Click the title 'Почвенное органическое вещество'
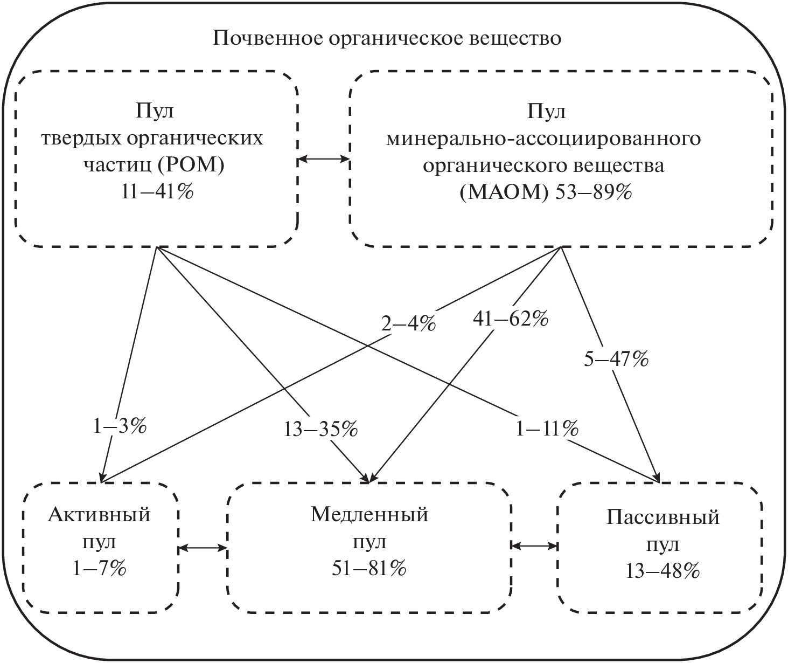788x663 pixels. [x=387, y=39]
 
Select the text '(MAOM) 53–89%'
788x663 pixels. [x=545, y=192]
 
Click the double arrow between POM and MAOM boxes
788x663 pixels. [x=324, y=159]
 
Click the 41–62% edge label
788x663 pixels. [x=510, y=319]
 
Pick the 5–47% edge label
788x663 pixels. [x=616, y=360]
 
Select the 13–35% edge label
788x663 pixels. [x=320, y=430]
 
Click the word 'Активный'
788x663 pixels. [x=99, y=515]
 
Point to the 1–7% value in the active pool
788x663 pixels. [x=100, y=569]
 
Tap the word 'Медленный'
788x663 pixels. [x=369, y=515]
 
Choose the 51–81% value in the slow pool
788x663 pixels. [x=369, y=569]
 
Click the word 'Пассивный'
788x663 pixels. [x=663, y=517]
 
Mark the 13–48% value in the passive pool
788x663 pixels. [x=663, y=571]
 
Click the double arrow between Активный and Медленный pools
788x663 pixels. [x=202, y=548]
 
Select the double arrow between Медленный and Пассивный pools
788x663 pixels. [x=534, y=545]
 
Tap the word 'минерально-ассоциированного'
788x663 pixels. [x=544, y=139]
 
